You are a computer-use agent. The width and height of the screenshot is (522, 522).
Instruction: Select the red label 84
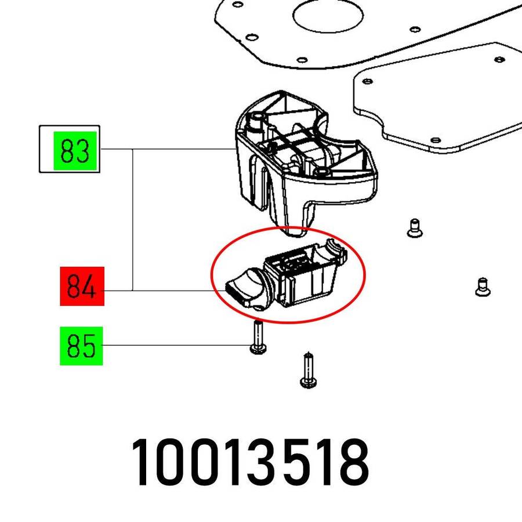point(82,286)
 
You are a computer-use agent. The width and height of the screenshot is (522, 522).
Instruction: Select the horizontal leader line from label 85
point(174,346)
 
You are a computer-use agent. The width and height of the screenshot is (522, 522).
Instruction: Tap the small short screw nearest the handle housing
point(414,227)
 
